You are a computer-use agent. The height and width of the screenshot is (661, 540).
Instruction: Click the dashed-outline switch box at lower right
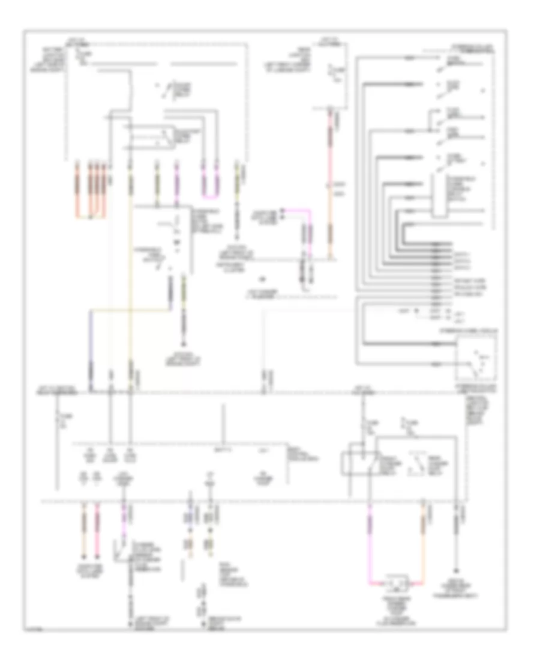476,357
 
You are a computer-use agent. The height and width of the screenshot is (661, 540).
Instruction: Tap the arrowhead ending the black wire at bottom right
457,570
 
